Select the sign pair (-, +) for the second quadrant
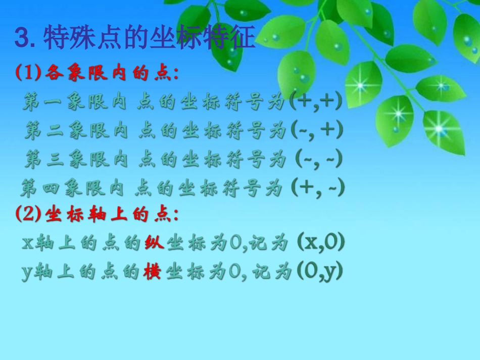click(x=317, y=131)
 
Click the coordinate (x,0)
click(x=321, y=243)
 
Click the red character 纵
click(x=152, y=244)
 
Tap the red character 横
click(x=152, y=272)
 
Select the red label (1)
click(x=27, y=74)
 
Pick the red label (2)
click(x=27, y=215)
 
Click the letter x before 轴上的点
click(x=28, y=244)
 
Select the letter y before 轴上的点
click(x=28, y=273)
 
